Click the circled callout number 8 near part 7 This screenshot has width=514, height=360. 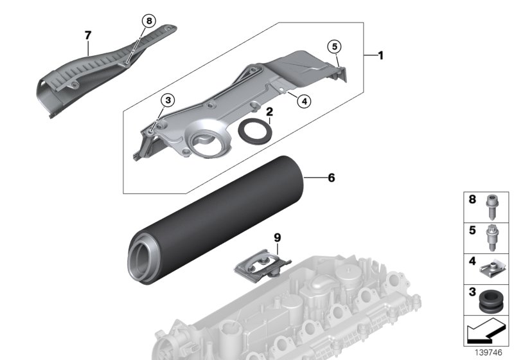coord(148,21)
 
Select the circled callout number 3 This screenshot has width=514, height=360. coord(167,100)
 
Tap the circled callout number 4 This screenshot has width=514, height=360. coord(303,100)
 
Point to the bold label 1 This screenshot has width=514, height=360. coord(380,56)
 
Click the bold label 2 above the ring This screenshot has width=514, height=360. coord(270,111)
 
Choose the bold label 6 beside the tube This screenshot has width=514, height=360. coord(331,177)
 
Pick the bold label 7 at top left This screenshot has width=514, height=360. coord(88,36)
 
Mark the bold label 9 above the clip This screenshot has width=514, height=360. coord(278,238)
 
